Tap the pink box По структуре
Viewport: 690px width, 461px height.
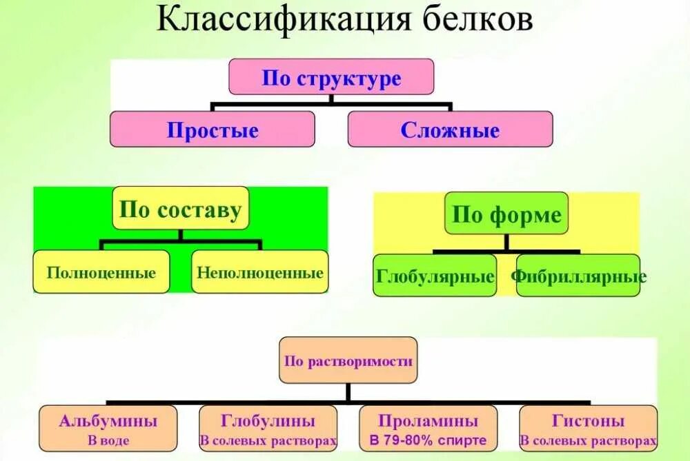(x=331, y=76)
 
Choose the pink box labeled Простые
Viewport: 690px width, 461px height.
(x=212, y=130)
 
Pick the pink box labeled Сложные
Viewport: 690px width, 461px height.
(x=450, y=130)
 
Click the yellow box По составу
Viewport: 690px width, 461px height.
(x=180, y=208)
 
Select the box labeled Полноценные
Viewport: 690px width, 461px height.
(x=101, y=272)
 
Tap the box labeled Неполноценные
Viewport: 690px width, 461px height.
(x=260, y=272)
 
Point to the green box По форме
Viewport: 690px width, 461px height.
(x=506, y=215)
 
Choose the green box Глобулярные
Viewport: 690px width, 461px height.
(x=435, y=276)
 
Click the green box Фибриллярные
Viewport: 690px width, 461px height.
(x=578, y=276)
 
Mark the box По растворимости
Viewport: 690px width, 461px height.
(x=348, y=360)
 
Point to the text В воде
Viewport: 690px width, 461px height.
(x=108, y=440)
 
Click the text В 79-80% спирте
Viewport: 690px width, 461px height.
(x=428, y=440)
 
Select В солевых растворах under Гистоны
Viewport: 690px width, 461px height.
(x=589, y=440)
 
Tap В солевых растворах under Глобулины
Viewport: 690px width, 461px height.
(x=268, y=440)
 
